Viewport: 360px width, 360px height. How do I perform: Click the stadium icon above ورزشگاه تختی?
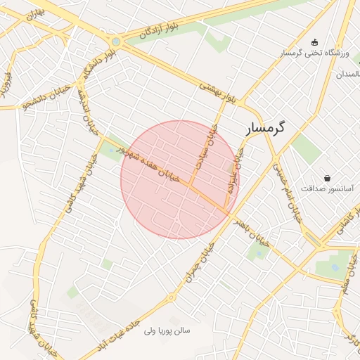[314, 41]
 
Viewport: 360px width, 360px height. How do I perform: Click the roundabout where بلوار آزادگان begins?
[115, 41]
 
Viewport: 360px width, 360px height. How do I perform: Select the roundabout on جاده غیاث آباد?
[170, 297]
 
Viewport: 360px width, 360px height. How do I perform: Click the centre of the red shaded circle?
[179, 179]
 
